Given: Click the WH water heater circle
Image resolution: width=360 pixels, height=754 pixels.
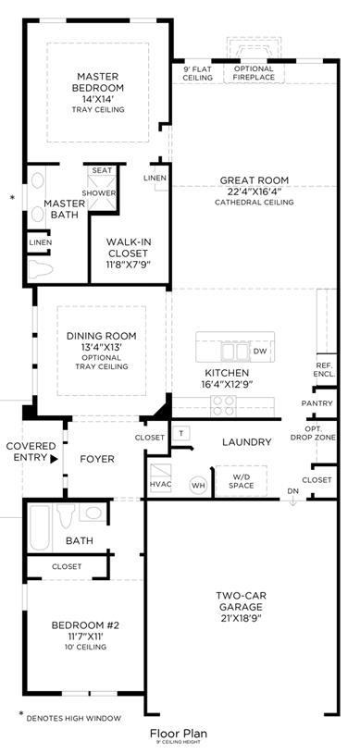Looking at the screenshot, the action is [x=198, y=485].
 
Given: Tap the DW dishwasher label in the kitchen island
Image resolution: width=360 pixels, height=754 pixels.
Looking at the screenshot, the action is [x=259, y=351].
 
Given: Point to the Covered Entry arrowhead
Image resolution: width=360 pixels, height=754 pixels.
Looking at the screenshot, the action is [x=54, y=458].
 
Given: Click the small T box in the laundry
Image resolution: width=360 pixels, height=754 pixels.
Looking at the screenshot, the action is [x=181, y=433].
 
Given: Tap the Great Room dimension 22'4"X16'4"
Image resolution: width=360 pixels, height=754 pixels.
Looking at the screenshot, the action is [x=254, y=192].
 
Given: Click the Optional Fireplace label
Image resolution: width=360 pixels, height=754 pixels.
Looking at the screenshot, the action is [x=254, y=72].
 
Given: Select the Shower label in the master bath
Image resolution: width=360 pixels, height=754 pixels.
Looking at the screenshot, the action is [x=99, y=192].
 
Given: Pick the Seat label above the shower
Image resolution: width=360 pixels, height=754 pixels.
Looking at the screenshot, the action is [x=102, y=171].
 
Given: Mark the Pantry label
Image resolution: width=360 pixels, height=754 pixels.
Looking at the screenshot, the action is [x=317, y=403].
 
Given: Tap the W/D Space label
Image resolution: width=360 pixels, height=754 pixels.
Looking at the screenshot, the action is [x=241, y=481].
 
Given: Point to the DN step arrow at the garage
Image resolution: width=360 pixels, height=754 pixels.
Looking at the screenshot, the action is [x=292, y=501].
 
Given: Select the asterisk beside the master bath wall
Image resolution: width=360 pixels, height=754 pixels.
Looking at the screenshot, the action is [x=13, y=198].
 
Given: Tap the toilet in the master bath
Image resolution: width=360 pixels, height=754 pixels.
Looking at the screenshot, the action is [x=41, y=269].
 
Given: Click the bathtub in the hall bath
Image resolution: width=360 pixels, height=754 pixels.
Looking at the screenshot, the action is [x=40, y=528].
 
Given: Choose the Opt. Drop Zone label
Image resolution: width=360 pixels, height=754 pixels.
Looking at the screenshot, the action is [x=319, y=433].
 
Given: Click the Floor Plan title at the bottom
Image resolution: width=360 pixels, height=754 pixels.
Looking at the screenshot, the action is [x=179, y=734].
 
